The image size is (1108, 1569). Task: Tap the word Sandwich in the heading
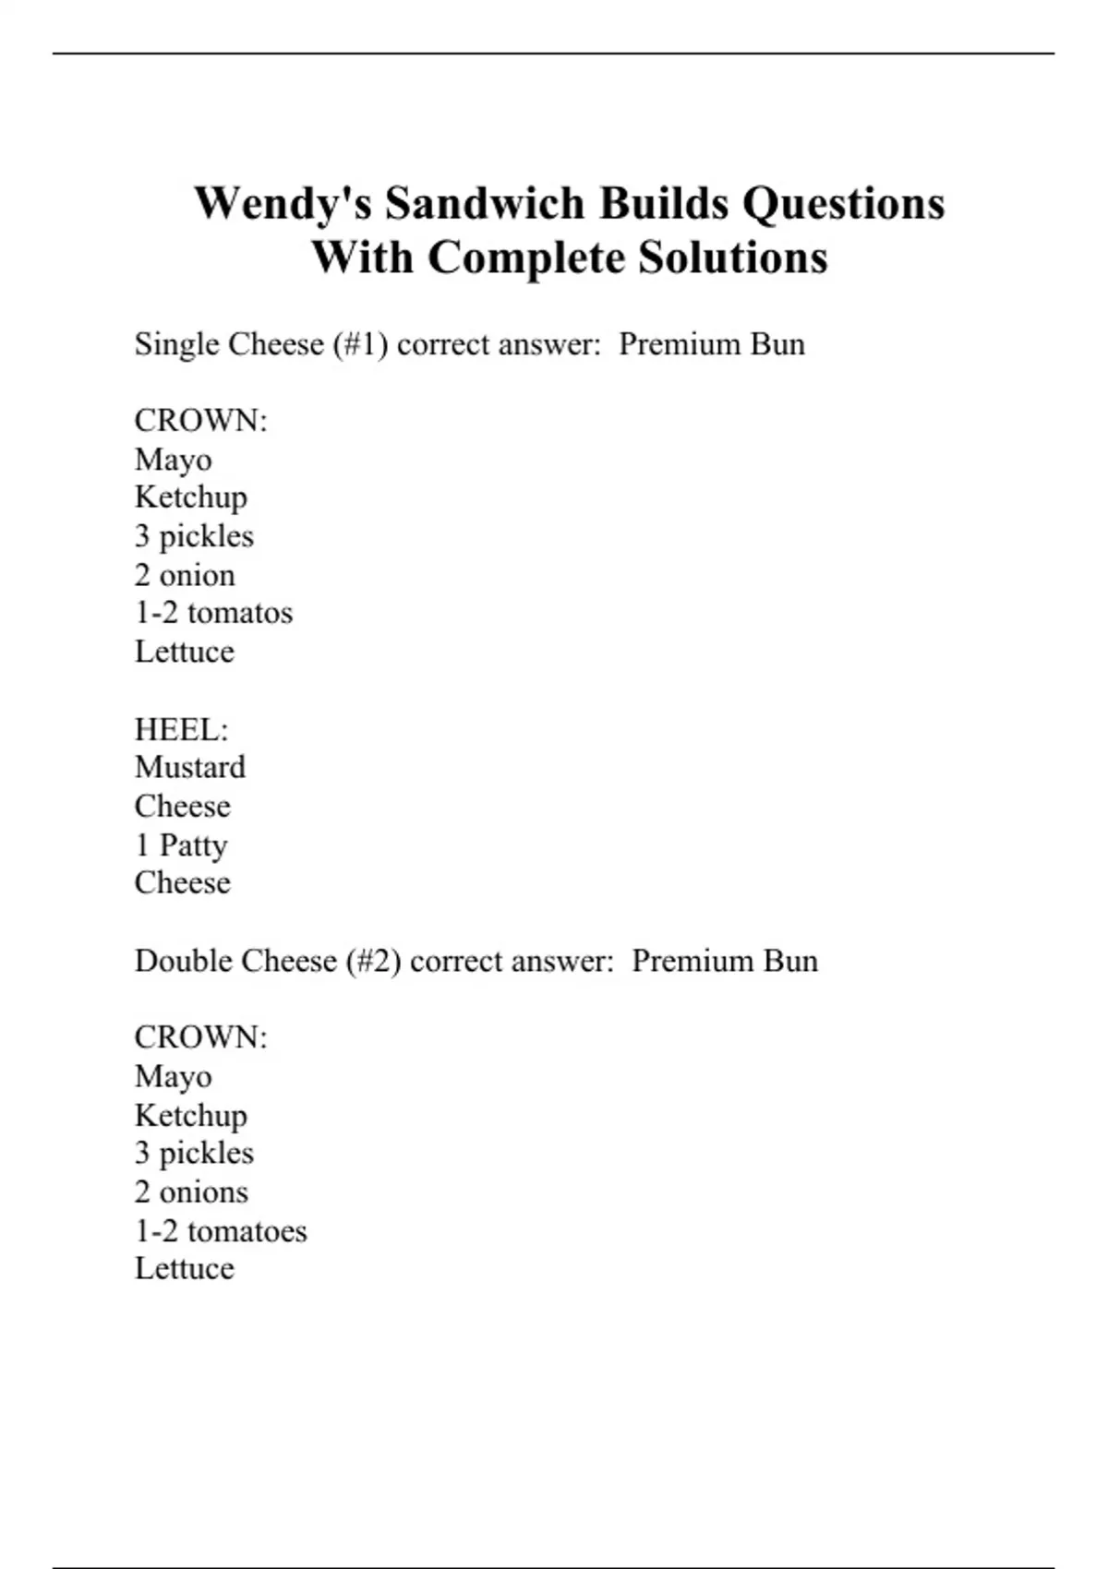(485, 204)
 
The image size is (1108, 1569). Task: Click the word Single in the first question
(177, 344)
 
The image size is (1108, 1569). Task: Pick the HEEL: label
(181, 730)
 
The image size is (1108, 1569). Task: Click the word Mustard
(190, 768)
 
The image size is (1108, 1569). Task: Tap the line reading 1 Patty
(181, 845)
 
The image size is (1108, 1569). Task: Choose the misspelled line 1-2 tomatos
(213, 613)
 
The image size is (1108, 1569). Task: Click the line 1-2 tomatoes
(221, 1231)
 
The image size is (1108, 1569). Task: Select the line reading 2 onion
(185, 575)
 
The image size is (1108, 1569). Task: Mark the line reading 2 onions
(191, 1192)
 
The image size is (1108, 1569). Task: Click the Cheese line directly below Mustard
(183, 807)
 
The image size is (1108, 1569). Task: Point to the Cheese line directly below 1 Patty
(183, 883)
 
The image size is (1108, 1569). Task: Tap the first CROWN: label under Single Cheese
(200, 421)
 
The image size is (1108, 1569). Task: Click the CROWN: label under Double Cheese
(200, 1038)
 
